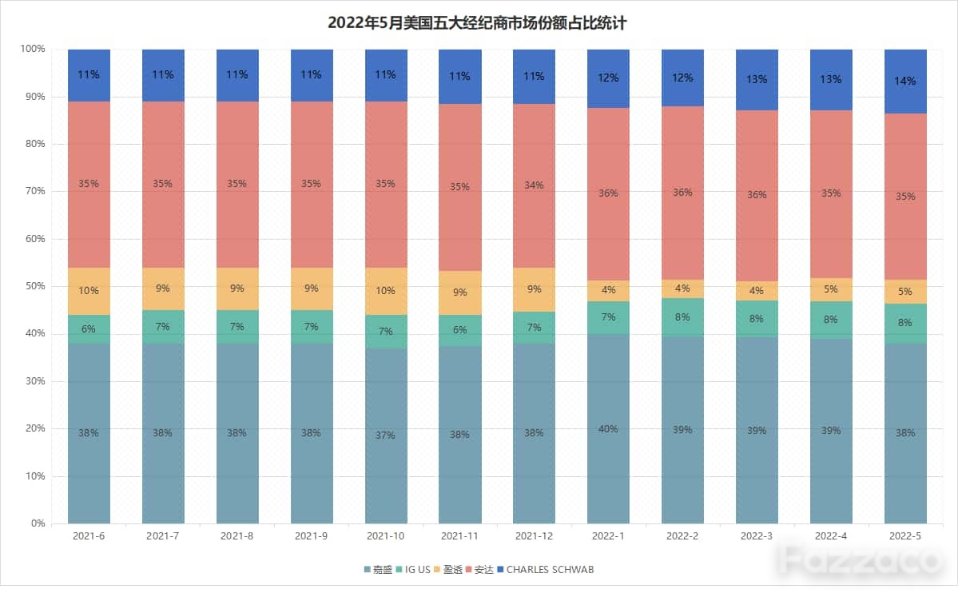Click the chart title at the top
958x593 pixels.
[x=477, y=23]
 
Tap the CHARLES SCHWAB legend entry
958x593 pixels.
[x=546, y=569]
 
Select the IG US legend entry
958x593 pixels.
[x=414, y=569]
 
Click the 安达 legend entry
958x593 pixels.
[x=479, y=569]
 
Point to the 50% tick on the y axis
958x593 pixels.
[x=35, y=286]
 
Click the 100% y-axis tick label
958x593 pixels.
[x=33, y=48]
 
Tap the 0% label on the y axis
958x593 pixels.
[x=38, y=523]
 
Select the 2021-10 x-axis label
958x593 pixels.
[x=386, y=536]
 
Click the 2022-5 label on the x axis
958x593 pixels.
[x=904, y=536]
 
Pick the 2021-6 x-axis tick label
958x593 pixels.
[x=89, y=536]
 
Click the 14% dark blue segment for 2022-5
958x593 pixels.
[x=905, y=82]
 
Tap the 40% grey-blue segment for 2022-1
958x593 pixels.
[x=608, y=428]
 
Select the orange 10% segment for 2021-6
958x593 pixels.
[x=89, y=292]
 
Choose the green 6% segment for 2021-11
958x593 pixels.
[x=460, y=331]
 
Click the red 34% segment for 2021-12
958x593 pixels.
[x=534, y=186]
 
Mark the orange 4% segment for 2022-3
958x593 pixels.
[x=757, y=291]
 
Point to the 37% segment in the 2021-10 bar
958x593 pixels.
[x=386, y=436]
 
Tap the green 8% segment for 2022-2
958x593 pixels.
[x=682, y=317]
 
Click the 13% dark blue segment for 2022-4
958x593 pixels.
[x=831, y=80]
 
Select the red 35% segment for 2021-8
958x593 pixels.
[x=237, y=185]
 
